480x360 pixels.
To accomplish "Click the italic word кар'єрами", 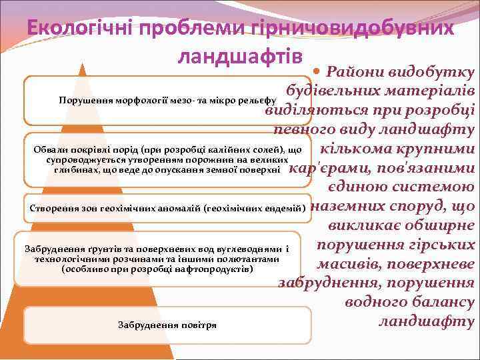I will click(x=325, y=169).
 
